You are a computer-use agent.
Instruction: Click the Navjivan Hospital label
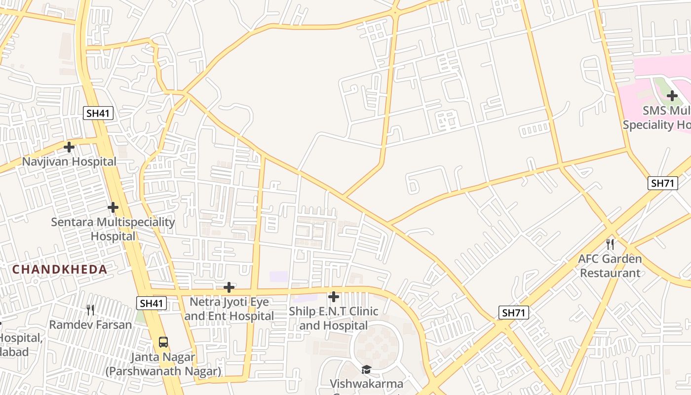point(69,161)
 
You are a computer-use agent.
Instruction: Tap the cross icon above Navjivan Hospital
point(69,147)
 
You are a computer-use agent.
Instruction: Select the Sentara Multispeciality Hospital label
point(113,229)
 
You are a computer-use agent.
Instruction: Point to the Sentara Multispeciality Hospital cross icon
point(113,207)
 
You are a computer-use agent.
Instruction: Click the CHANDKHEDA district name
point(60,270)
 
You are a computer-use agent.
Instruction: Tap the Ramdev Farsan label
point(90,325)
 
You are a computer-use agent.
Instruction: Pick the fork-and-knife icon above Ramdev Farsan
point(90,310)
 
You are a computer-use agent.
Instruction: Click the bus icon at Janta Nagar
point(163,342)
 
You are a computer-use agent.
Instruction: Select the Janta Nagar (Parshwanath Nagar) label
point(163,364)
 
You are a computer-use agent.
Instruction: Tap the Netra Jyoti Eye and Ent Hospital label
point(229,309)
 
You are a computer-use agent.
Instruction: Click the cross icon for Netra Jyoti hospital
point(229,287)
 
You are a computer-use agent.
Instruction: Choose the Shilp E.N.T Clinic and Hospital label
point(334,318)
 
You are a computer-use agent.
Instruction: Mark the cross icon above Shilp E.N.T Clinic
point(334,297)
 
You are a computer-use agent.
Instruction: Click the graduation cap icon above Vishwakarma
point(366,369)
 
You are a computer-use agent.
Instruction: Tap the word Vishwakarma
point(366,384)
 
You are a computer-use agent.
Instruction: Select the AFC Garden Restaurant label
point(610,266)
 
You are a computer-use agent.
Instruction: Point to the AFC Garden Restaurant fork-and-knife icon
point(610,244)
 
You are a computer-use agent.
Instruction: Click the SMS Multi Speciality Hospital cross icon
point(672,96)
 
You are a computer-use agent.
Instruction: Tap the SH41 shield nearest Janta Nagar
point(152,303)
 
